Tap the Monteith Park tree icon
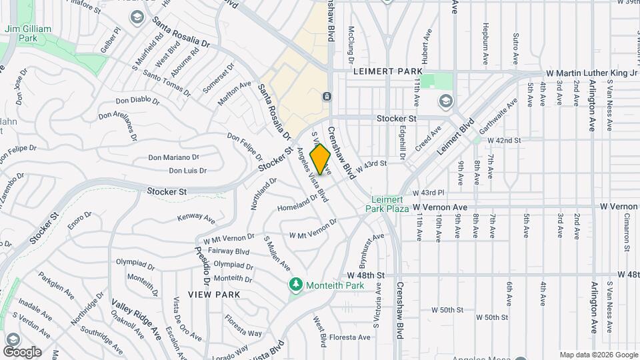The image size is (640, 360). [x=295, y=285]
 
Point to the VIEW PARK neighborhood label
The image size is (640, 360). [x=213, y=294]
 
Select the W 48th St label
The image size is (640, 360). [x=365, y=275]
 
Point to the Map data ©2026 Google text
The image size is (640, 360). [x=598, y=355]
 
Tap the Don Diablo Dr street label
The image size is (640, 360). [x=137, y=101]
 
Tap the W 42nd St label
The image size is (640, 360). [x=504, y=141]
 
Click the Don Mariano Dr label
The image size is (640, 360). [x=173, y=157]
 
